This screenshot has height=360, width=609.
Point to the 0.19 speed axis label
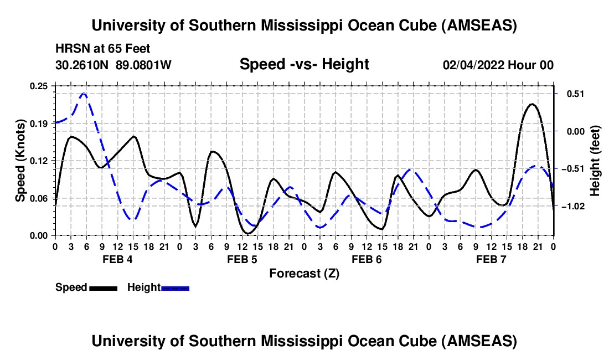38,124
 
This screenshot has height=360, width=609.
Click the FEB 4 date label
117,259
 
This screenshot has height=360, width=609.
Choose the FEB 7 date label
491,259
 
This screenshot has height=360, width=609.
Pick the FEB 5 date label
241,259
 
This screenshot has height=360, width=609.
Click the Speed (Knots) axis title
20,161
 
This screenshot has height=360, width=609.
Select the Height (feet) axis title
595,161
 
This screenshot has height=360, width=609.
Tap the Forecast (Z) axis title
304,273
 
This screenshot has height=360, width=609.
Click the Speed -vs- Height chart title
304,64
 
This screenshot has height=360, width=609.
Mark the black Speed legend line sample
103,287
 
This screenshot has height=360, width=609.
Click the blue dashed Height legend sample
176,287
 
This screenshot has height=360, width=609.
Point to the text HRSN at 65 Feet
102,49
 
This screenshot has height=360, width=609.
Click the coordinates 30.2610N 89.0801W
113,65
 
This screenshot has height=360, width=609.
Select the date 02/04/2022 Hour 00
498,65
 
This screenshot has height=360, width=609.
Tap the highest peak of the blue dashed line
84,94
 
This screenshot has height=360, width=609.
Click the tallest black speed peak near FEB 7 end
532,104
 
